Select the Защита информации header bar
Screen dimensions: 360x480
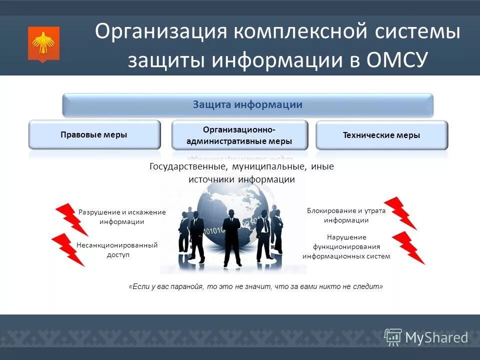(247, 105)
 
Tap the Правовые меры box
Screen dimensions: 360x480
(94, 134)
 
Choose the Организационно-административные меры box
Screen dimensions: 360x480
(239, 135)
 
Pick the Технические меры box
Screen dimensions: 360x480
(381, 135)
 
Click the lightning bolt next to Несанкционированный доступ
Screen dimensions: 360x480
(67, 248)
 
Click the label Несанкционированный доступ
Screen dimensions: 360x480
(117, 249)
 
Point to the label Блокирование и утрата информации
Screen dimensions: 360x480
(346, 215)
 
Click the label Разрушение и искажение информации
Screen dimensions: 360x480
(121, 216)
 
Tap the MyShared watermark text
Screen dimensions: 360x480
(436, 337)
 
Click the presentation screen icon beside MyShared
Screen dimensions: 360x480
(392, 337)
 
